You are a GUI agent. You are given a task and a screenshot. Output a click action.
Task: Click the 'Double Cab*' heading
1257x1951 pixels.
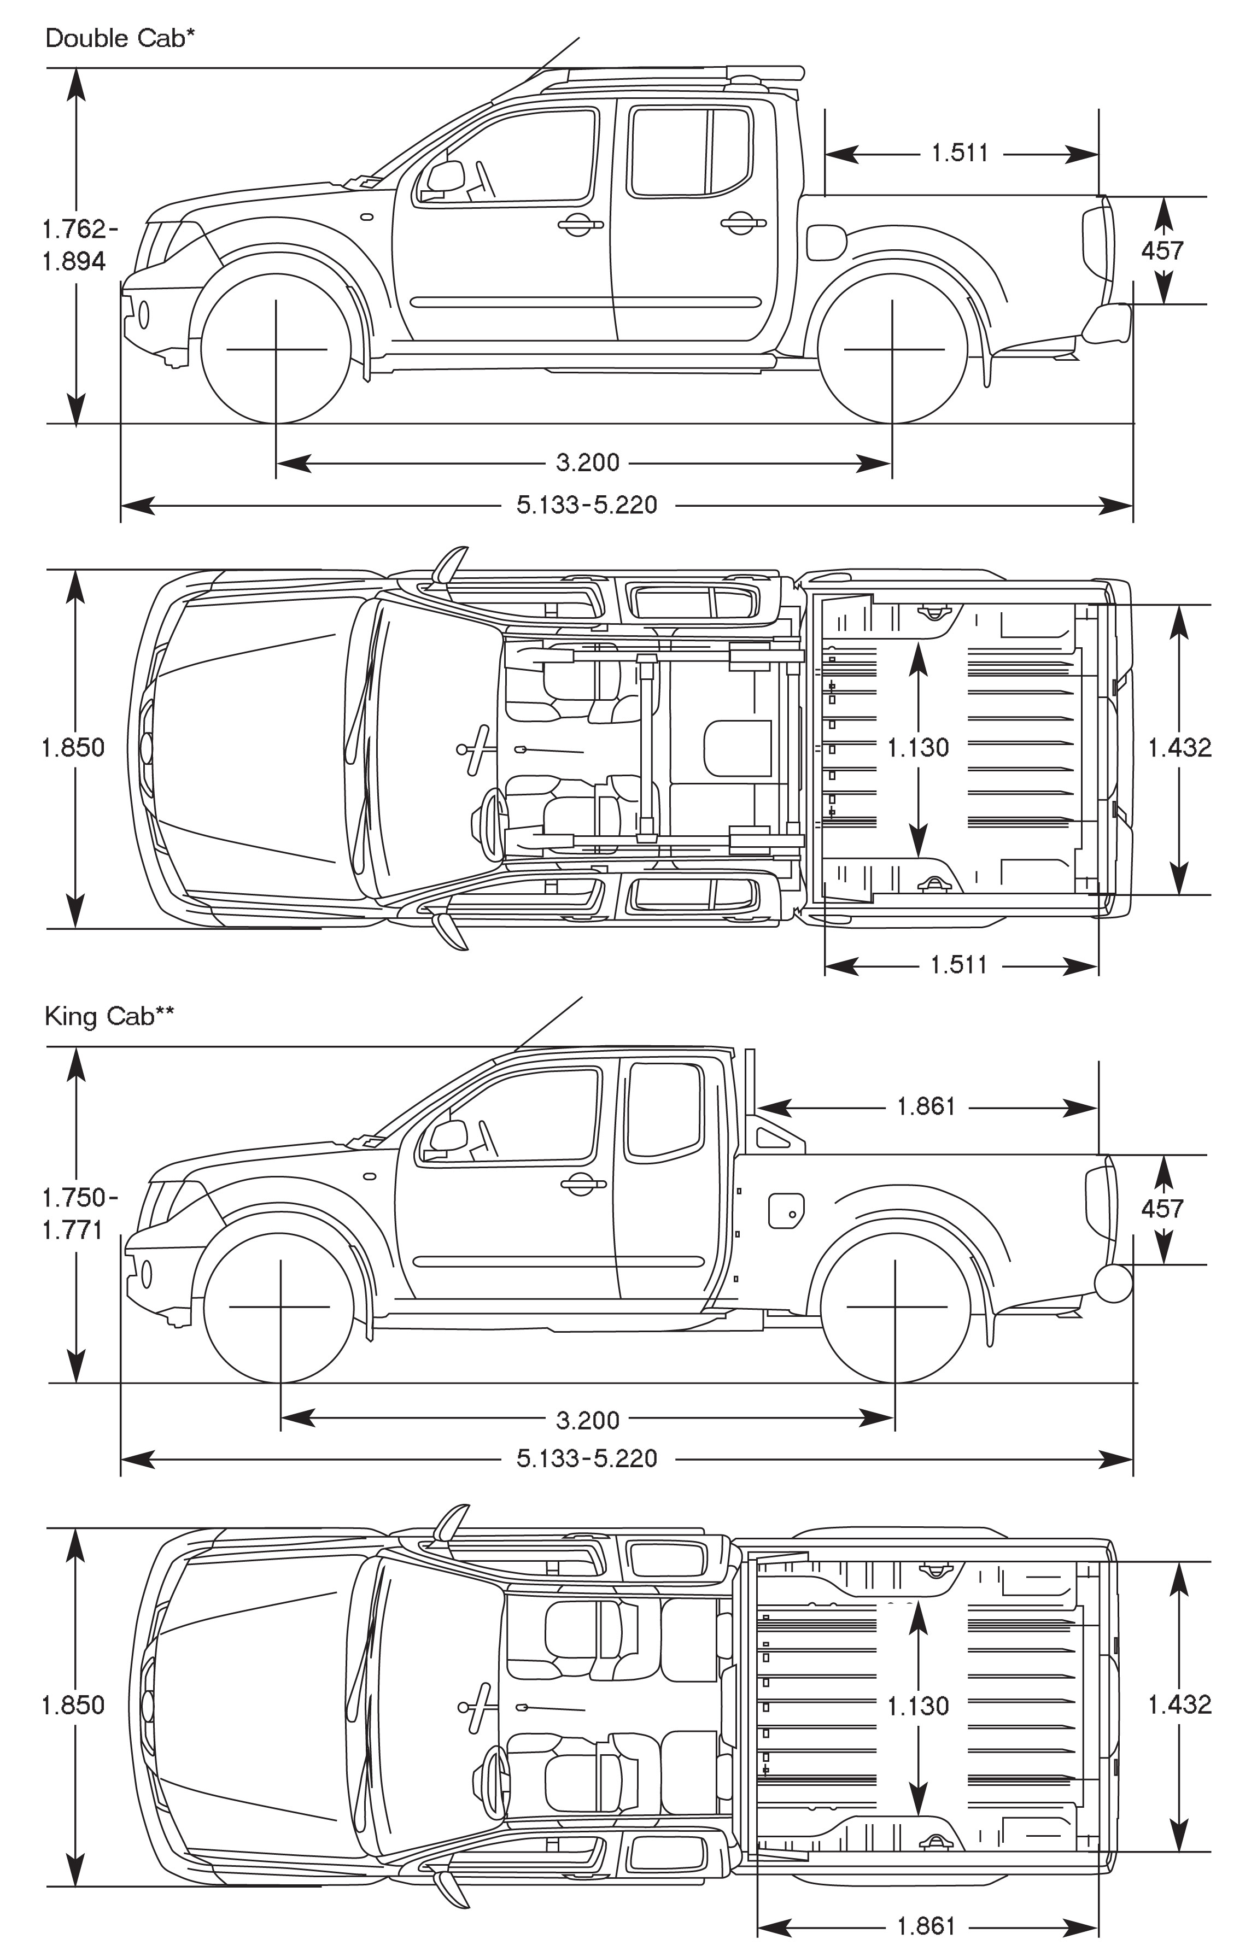[x=120, y=38]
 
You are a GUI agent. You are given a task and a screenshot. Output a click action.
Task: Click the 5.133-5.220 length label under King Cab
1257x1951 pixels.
[x=587, y=1457]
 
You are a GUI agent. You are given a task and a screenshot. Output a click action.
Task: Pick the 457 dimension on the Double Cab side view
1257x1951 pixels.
[x=1162, y=250]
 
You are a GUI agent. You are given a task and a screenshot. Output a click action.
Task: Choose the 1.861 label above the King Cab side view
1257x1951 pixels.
[x=926, y=1106]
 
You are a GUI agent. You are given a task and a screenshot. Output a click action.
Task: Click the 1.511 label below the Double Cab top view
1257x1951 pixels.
[x=959, y=965]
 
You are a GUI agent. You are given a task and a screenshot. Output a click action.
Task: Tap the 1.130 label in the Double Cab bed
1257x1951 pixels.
[x=918, y=747]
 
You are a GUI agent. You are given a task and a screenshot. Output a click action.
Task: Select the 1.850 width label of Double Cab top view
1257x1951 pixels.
[x=73, y=747]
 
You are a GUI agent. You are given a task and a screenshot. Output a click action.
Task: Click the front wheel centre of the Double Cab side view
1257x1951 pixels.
[x=276, y=349]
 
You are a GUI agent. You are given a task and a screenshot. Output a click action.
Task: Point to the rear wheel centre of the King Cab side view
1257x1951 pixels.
[x=896, y=1306]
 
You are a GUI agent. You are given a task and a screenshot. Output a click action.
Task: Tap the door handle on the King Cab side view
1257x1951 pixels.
[x=583, y=1183]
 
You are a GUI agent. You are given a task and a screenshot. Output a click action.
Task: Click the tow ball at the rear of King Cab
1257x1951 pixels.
[x=1113, y=1282]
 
